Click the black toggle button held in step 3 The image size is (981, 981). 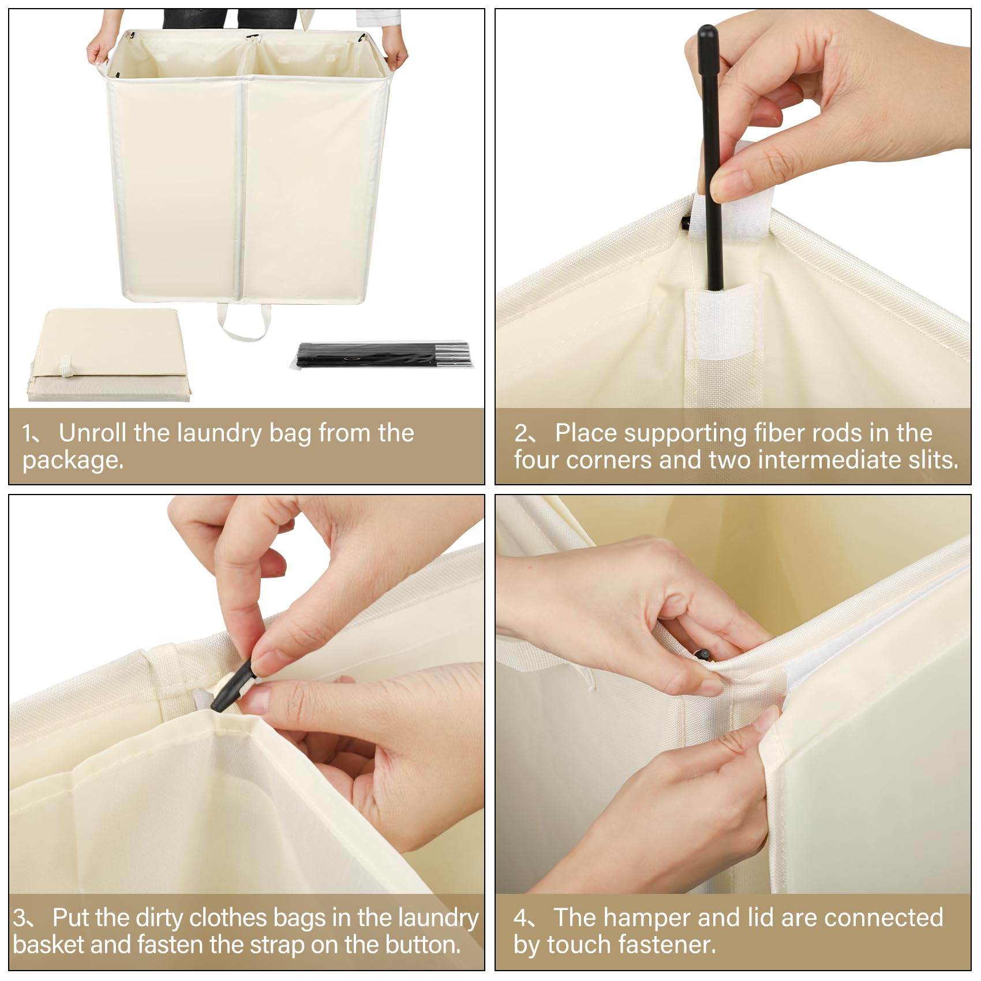[x=234, y=687]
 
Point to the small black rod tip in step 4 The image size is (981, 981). [x=703, y=654]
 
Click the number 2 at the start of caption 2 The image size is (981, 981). [x=521, y=433]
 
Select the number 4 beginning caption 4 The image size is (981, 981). [x=521, y=918]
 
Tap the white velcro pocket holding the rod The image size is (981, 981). [x=722, y=323]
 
